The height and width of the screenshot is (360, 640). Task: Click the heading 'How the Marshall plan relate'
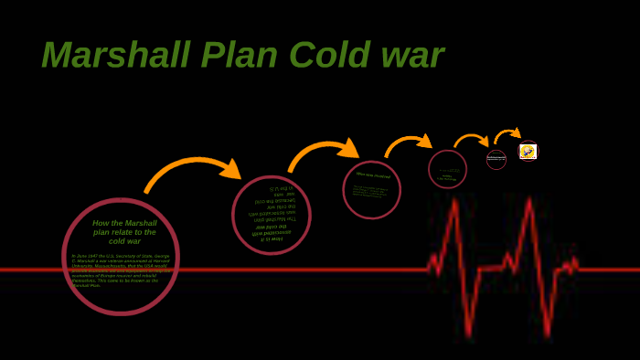[x=124, y=232]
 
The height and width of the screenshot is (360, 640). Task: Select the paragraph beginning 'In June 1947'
[x=121, y=270]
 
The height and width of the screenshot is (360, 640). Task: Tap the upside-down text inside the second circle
[x=272, y=214]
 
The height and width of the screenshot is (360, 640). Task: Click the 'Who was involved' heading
[x=373, y=175]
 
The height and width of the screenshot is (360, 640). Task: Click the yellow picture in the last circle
[x=528, y=152]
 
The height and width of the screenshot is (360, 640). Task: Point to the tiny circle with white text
[x=496, y=159]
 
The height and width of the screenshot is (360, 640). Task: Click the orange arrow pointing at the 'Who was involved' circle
[x=325, y=151]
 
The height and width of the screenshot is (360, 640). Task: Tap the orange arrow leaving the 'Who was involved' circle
[x=408, y=143]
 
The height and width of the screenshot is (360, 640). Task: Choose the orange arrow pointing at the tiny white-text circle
[x=471, y=139]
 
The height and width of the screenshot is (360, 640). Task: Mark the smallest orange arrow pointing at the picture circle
[x=508, y=134]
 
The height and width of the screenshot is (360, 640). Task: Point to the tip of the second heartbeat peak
[x=529, y=200]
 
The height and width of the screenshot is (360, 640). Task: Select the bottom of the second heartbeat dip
[x=547, y=334]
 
